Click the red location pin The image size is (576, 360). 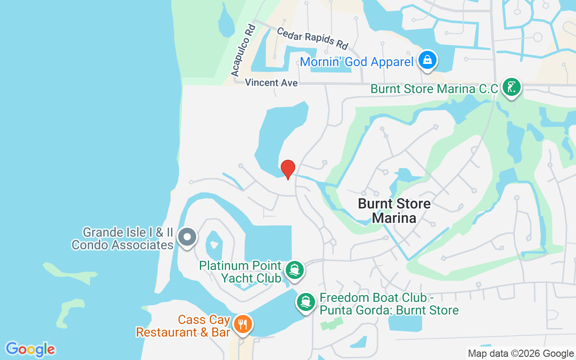pos(288,169)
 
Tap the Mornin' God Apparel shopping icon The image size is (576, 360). pos(427,59)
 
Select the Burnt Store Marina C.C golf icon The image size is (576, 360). pos(511,86)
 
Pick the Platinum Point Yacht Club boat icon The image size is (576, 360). pos(295,270)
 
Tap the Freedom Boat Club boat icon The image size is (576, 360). pos(306,301)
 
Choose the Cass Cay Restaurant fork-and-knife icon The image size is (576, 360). pos(243,324)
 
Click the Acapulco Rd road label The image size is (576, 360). pos(243,50)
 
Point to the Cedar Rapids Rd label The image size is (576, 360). pos(312,38)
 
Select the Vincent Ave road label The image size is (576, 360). pos(271,83)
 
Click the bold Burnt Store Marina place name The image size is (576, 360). pos(394,211)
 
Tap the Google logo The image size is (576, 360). pos(30,349)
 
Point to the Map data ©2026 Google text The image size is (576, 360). pos(521,354)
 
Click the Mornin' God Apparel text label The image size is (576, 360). pos(356,62)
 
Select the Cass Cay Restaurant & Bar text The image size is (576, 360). pos(184,326)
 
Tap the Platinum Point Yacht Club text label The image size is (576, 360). pos(241,272)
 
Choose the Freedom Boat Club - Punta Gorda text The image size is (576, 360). pos(389,304)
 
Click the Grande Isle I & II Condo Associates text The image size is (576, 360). pos(122,238)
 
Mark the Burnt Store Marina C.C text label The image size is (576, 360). pos(434,89)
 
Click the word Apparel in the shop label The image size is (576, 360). pos(387,62)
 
